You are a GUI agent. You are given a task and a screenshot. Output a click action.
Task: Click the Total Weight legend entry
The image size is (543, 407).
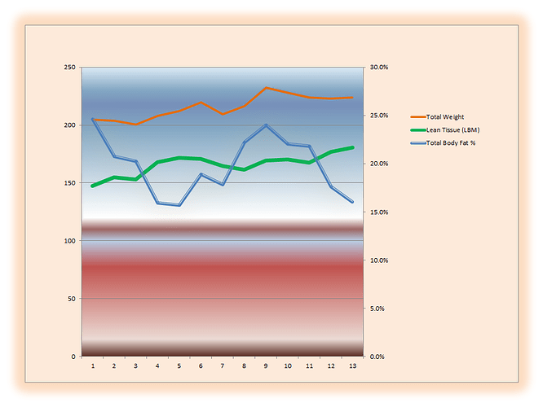pyautogui.click(x=444, y=117)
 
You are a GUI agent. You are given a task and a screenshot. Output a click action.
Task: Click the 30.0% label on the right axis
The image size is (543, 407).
pyautogui.click(x=378, y=68)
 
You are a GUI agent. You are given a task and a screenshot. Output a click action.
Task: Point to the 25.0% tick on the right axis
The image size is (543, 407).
pyautogui.click(x=378, y=116)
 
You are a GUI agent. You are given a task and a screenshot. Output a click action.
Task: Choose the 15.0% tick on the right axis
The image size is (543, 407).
pyautogui.click(x=378, y=212)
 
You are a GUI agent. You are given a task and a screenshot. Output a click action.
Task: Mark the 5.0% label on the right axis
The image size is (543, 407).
pyautogui.click(x=377, y=309)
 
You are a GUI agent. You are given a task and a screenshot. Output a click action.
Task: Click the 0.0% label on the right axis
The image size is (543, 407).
pyautogui.click(x=377, y=357)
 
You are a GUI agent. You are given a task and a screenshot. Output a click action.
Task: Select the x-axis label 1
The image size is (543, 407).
pyautogui.click(x=93, y=367)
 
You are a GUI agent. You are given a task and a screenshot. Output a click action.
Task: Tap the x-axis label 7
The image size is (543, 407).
pyautogui.click(x=223, y=367)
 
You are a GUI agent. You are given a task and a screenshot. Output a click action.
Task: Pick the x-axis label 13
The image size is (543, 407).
pyautogui.click(x=351, y=367)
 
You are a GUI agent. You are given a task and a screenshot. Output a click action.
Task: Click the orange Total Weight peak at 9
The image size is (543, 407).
pyautogui.click(x=266, y=88)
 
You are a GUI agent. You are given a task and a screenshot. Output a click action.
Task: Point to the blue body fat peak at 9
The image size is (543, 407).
pyautogui.click(x=266, y=125)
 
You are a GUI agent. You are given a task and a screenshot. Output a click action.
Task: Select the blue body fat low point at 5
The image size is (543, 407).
pyautogui.click(x=179, y=205)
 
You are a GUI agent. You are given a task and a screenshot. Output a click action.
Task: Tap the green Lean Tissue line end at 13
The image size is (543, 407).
pyautogui.click(x=352, y=147)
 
